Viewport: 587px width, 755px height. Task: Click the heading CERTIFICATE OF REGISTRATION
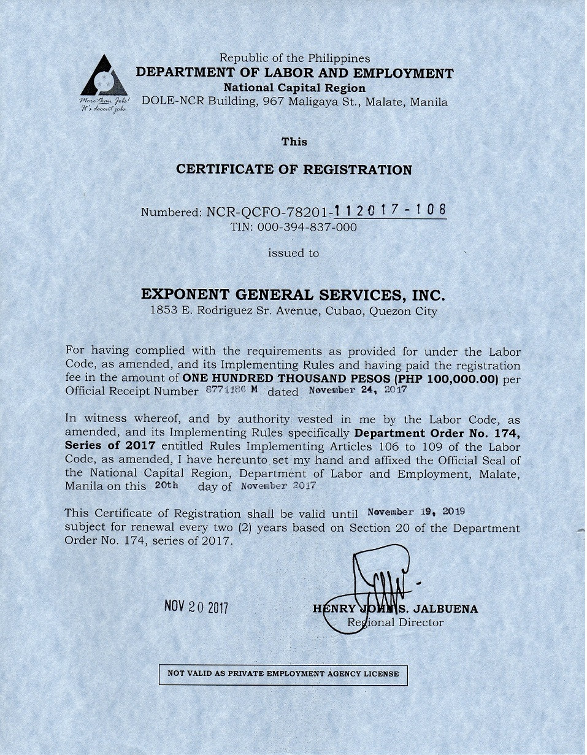294,170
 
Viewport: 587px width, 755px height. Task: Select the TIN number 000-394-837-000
293,227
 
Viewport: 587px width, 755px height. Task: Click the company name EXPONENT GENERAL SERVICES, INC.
293,294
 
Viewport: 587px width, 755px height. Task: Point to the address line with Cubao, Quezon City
294,311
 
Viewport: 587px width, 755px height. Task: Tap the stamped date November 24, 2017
358,390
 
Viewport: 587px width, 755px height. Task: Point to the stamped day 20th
166,485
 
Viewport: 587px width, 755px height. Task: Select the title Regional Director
395,623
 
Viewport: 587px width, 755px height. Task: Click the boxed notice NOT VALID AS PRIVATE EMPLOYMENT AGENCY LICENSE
283,673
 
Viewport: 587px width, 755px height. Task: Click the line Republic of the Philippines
294,58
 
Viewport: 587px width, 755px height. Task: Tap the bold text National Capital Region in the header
294,88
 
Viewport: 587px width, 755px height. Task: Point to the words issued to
293,253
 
